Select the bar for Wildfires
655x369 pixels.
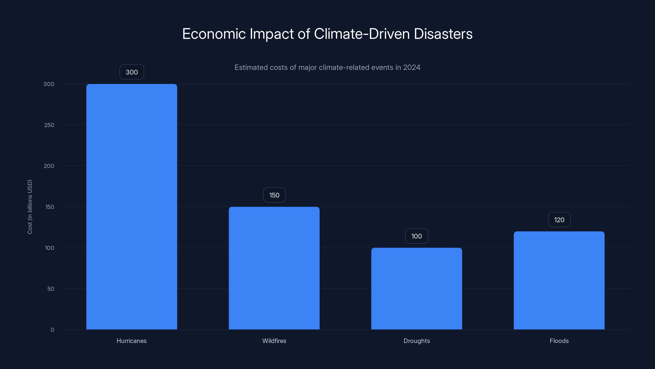[x=274, y=268]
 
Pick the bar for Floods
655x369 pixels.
[x=559, y=280]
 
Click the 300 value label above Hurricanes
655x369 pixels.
[x=132, y=72]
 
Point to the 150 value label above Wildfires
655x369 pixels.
[x=274, y=195]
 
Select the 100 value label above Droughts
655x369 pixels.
[x=417, y=236]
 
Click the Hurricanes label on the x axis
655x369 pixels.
[x=131, y=341]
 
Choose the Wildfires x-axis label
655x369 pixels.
[x=274, y=341]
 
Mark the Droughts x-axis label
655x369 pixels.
[x=417, y=341]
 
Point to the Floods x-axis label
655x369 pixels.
[x=559, y=341]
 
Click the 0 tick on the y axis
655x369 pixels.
[x=52, y=330]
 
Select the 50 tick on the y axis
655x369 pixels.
[x=51, y=289]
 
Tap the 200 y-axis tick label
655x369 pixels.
[x=49, y=166]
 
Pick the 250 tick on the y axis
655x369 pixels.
[x=49, y=125]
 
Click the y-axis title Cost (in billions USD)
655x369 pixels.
[x=30, y=207]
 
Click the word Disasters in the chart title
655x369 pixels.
[x=443, y=34]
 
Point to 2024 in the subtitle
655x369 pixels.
[x=411, y=67]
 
